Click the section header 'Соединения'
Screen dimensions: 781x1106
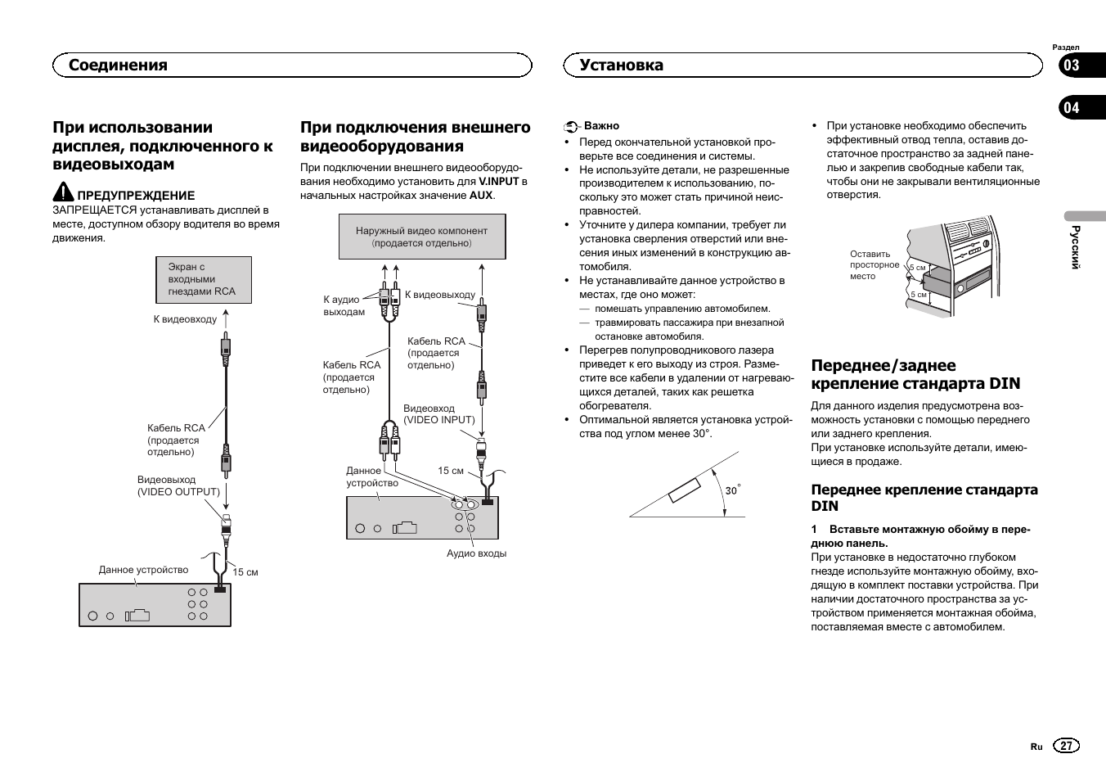118,65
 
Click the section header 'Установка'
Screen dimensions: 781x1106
621,65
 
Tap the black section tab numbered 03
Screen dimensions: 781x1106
1071,65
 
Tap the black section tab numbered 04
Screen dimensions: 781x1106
1071,107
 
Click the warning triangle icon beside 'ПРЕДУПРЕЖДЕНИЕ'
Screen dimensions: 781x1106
63,193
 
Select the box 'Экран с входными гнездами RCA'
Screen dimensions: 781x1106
203,279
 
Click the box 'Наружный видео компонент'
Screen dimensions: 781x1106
421,237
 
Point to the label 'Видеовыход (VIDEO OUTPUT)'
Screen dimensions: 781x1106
178,485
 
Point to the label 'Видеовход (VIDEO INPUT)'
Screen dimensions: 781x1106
438,414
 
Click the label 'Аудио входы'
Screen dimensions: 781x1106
476,553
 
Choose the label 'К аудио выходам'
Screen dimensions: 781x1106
344,305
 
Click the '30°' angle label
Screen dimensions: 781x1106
732,490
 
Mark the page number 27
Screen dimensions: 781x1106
1066,746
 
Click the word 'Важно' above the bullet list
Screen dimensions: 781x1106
601,126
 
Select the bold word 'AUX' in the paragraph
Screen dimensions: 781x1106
481,196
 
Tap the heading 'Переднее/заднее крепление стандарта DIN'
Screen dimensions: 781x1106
915,374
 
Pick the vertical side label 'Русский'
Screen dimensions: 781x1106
1077,246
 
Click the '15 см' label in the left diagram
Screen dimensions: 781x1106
245,572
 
